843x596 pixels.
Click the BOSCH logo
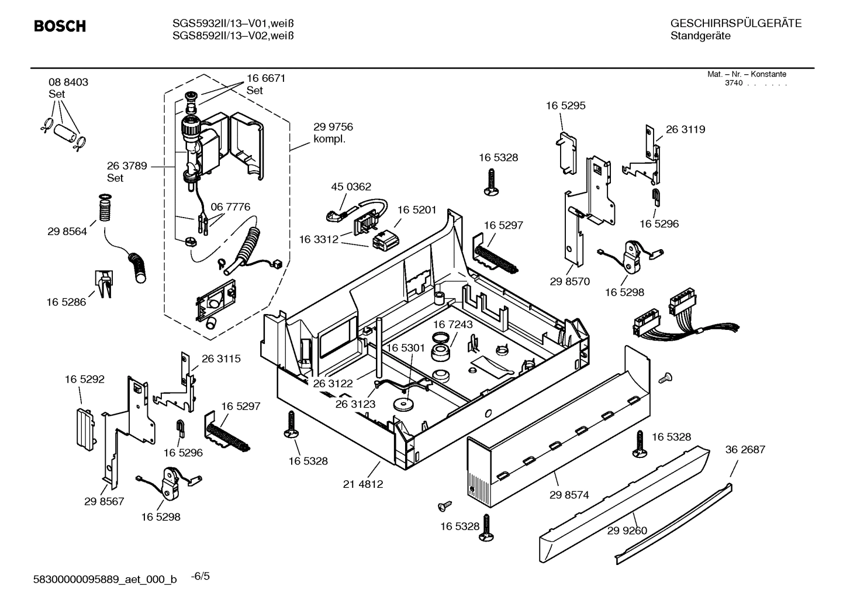click(60, 26)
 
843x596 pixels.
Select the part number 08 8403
click(68, 82)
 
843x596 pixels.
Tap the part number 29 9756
click(333, 127)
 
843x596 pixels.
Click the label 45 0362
click(351, 187)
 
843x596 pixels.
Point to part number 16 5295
click(565, 106)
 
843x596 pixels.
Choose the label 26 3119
click(685, 130)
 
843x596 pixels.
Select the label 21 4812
click(362, 484)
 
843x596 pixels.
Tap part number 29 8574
click(569, 495)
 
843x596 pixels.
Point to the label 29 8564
click(67, 232)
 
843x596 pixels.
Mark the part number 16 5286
click(66, 302)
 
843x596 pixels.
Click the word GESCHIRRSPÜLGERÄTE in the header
click(735, 23)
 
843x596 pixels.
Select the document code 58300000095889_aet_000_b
click(106, 580)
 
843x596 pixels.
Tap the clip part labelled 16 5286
click(103, 284)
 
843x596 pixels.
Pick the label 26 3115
click(221, 359)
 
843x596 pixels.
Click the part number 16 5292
click(85, 380)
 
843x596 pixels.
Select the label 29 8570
click(569, 281)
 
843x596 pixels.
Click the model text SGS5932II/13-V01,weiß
click(233, 23)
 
